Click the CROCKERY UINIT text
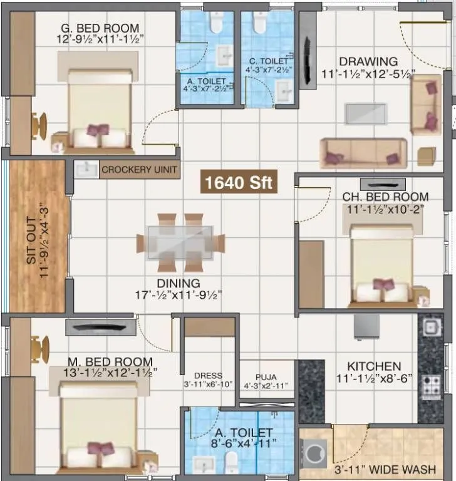click(140, 170)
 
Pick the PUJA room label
click(266, 377)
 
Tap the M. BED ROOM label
click(103, 361)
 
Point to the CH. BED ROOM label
click(385, 197)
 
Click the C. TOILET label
click(268, 61)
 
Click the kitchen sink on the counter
click(430, 328)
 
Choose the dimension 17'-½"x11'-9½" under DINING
click(179, 294)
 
